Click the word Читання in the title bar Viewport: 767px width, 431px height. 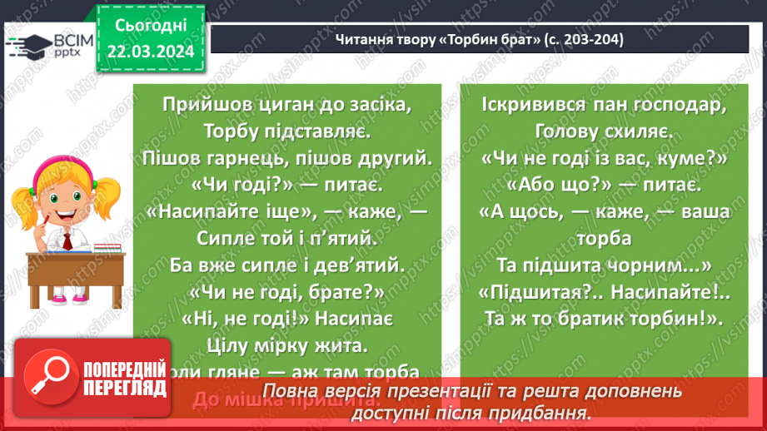362,40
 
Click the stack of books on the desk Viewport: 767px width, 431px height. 104,246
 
